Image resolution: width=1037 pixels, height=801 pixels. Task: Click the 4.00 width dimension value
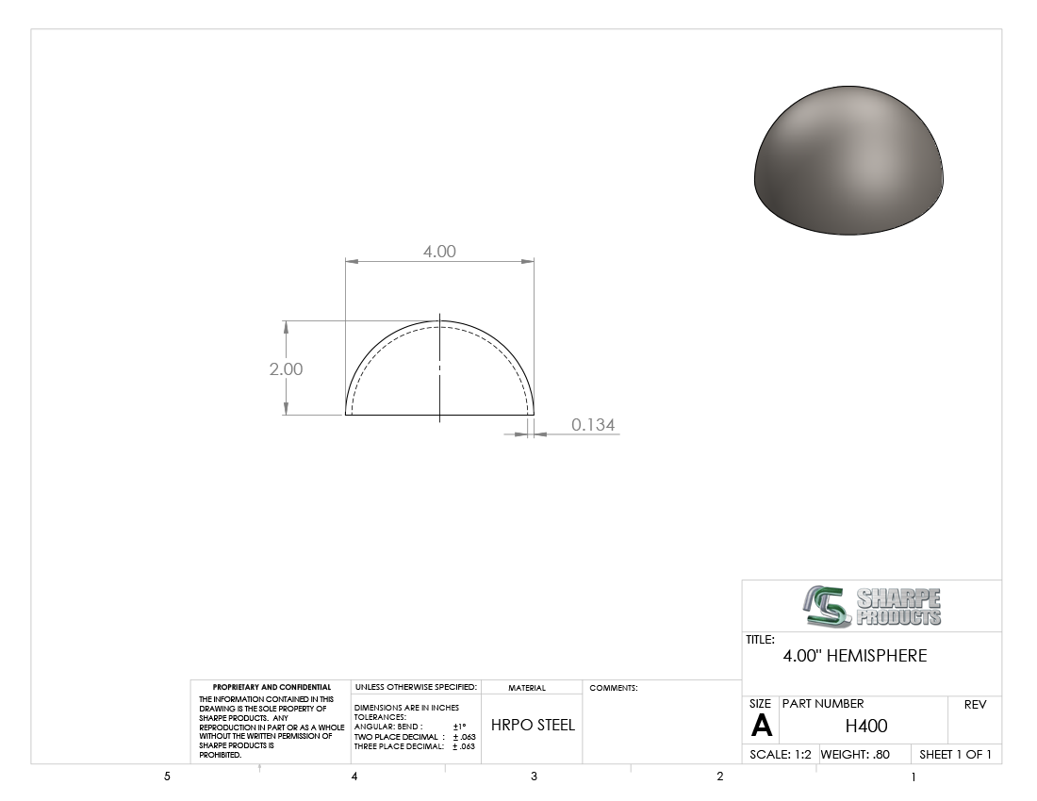coord(439,252)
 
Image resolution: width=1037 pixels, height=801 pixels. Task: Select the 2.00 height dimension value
coord(286,368)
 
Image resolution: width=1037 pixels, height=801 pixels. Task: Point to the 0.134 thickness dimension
coord(593,425)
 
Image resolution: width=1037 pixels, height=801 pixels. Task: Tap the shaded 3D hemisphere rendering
coord(848,160)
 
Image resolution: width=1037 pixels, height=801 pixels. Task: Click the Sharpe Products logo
coord(872,606)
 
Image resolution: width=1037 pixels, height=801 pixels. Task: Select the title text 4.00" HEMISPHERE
coord(854,656)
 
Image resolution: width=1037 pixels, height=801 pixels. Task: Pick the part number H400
coord(866,726)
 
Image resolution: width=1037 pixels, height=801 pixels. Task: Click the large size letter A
coord(761,726)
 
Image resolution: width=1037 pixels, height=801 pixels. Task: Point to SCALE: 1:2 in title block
coord(781,754)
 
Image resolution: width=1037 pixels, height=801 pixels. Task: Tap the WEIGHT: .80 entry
coord(855,754)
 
